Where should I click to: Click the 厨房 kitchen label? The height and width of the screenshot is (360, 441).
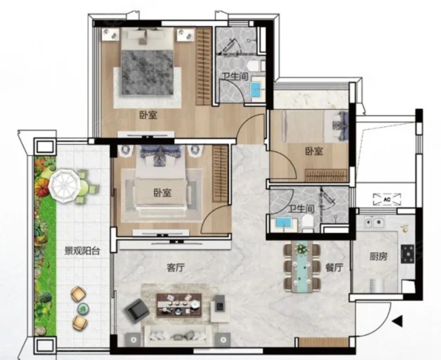click(378, 256)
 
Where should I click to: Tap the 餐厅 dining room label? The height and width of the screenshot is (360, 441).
click(335, 268)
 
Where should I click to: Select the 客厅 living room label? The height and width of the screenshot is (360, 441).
click(175, 268)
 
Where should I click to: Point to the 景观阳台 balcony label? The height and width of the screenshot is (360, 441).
click(82, 251)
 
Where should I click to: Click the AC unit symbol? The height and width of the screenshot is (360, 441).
click(387, 199)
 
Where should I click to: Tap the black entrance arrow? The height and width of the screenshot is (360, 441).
click(397, 321)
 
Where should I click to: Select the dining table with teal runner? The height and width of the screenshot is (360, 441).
click(302, 266)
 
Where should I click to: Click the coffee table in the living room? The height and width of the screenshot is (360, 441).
click(179, 305)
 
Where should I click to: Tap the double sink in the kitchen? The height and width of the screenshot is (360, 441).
click(374, 223)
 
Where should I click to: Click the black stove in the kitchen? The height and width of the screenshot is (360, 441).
click(407, 254)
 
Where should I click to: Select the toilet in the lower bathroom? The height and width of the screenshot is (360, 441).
click(308, 223)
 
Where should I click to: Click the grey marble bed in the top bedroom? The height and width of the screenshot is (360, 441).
click(147, 72)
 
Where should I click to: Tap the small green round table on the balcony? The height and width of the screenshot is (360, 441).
click(83, 308)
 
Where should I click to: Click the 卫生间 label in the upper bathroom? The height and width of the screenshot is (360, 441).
click(235, 77)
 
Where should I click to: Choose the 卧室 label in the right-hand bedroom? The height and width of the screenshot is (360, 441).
click(314, 152)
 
